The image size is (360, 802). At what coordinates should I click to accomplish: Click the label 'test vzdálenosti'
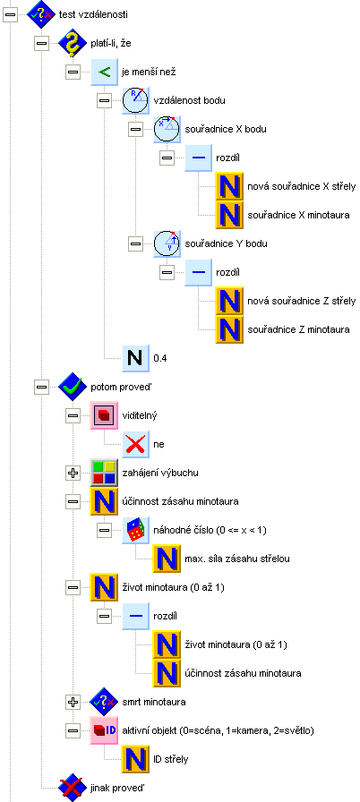coord(97,14)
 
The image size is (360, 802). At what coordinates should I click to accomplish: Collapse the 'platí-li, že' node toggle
coord(41,44)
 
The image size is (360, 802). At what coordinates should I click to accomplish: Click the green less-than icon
coord(104,73)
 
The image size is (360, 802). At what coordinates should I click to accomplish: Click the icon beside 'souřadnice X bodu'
coord(167,130)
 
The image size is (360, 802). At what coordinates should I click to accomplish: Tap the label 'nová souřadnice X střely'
coord(301,187)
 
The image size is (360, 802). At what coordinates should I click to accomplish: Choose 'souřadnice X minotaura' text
coord(298,216)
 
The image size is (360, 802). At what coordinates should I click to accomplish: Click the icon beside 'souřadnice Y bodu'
coord(167,244)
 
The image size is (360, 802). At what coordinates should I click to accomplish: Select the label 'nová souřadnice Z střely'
coord(301,302)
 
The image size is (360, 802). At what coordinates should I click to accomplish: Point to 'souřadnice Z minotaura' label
coord(298,330)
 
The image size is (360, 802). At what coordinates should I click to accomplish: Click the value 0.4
coord(160,359)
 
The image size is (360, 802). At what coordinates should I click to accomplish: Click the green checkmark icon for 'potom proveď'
coord(73,388)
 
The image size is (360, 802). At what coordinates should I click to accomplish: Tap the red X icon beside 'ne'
coord(135,445)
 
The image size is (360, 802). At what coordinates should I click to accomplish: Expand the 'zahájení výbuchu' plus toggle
coord(73,474)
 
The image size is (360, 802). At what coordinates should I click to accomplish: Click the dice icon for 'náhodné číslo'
coord(135,531)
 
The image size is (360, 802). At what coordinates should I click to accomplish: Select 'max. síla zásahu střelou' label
coord(237,559)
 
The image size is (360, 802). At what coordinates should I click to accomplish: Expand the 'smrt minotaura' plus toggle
coord(73,703)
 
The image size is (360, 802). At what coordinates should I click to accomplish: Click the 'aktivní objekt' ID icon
coord(104,731)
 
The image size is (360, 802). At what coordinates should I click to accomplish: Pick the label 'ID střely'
coord(171,760)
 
